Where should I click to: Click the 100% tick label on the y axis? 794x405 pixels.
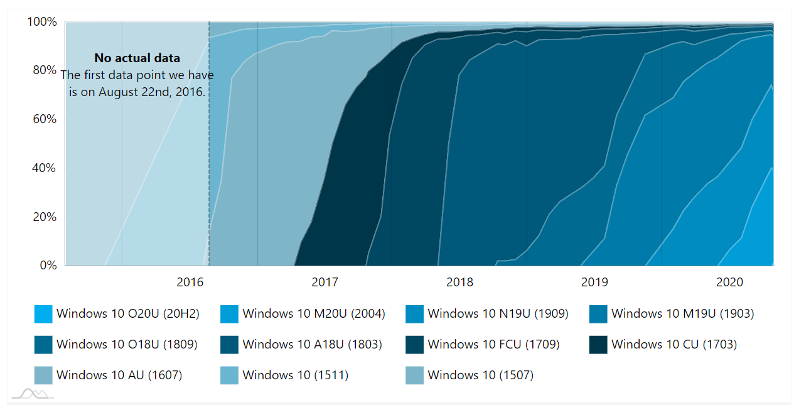point(41,22)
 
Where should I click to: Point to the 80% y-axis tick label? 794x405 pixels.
point(44,70)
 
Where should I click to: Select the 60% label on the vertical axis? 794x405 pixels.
point(44,119)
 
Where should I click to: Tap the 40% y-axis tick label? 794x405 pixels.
point(44,168)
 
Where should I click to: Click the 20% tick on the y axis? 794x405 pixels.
point(44,217)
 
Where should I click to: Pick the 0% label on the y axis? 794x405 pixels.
point(47,266)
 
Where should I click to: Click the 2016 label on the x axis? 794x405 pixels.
point(190,283)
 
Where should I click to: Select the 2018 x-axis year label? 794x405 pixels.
point(459,283)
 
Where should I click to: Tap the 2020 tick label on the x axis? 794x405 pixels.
point(729,283)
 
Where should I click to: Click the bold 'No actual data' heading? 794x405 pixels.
point(137,58)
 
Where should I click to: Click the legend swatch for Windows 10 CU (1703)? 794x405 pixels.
point(598,345)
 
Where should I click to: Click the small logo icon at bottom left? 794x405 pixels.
point(33,394)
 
